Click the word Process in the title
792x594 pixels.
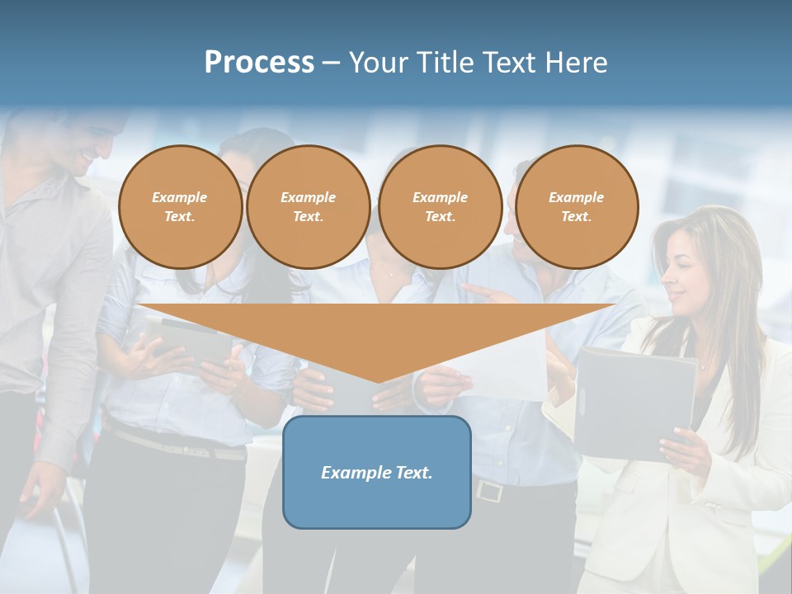[x=259, y=62]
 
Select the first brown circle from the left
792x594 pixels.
[x=180, y=206]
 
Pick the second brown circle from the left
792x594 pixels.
[x=308, y=206]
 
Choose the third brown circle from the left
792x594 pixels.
[x=440, y=206]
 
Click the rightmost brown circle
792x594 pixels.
[x=576, y=206]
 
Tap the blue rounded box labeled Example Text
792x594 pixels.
[x=377, y=472]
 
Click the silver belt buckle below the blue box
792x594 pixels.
[x=488, y=490]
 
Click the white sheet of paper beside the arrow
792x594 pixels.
[x=503, y=363]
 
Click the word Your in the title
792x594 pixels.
[x=379, y=62]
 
